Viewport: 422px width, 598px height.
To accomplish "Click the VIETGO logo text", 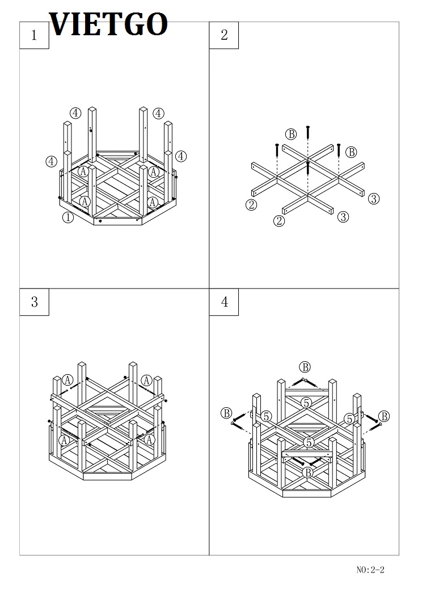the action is click(108, 24).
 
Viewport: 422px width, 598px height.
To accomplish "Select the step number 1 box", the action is click(34, 35).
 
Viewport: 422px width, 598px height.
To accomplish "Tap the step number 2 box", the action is click(224, 35).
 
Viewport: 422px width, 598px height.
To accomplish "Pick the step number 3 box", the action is click(34, 302).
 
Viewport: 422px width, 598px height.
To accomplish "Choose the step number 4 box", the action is click(224, 302).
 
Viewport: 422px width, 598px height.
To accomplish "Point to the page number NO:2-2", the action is click(370, 570).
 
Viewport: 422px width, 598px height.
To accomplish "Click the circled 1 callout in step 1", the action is click(68, 218).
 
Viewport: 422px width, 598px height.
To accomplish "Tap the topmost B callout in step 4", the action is click(305, 367).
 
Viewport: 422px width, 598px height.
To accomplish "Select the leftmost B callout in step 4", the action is click(226, 413).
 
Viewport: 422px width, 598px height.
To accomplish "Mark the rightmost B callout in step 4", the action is click(385, 416).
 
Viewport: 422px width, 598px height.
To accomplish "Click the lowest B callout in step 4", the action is click(308, 472).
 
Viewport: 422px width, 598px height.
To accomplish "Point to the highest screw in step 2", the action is click(308, 132).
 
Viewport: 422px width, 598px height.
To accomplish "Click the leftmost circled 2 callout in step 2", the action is click(251, 205).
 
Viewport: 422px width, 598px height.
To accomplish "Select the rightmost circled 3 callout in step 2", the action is click(374, 199).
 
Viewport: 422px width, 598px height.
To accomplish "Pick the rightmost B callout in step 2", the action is click(351, 152).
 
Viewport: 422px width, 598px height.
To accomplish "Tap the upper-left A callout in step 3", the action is click(67, 380).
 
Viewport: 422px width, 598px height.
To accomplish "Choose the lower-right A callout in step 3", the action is click(149, 440).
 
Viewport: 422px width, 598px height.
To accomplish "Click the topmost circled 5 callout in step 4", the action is click(306, 403).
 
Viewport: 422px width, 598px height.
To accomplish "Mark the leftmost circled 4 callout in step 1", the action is click(52, 161).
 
